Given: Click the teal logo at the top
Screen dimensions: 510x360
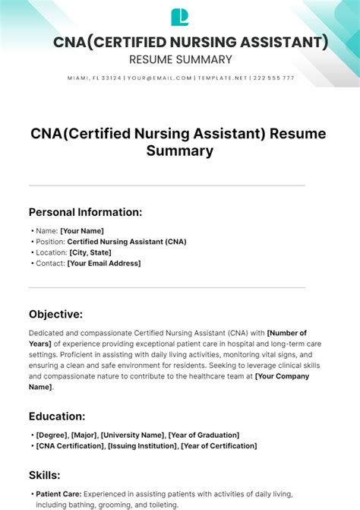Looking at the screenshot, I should point(180,17).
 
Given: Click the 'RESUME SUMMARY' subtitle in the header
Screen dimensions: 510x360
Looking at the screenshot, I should point(180,59).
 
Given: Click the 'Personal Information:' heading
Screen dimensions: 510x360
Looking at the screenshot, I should point(86,212).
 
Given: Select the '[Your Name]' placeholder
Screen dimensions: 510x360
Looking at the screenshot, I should point(82,231).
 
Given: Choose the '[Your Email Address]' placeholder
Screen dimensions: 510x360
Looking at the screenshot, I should point(104,263).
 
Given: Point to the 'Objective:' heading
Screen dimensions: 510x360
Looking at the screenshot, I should point(56,314).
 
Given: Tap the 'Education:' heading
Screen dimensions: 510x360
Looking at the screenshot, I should point(57,416).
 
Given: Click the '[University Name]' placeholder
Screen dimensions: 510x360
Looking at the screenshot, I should point(133,435).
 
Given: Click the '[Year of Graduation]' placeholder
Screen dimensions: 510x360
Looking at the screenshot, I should point(204,435).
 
